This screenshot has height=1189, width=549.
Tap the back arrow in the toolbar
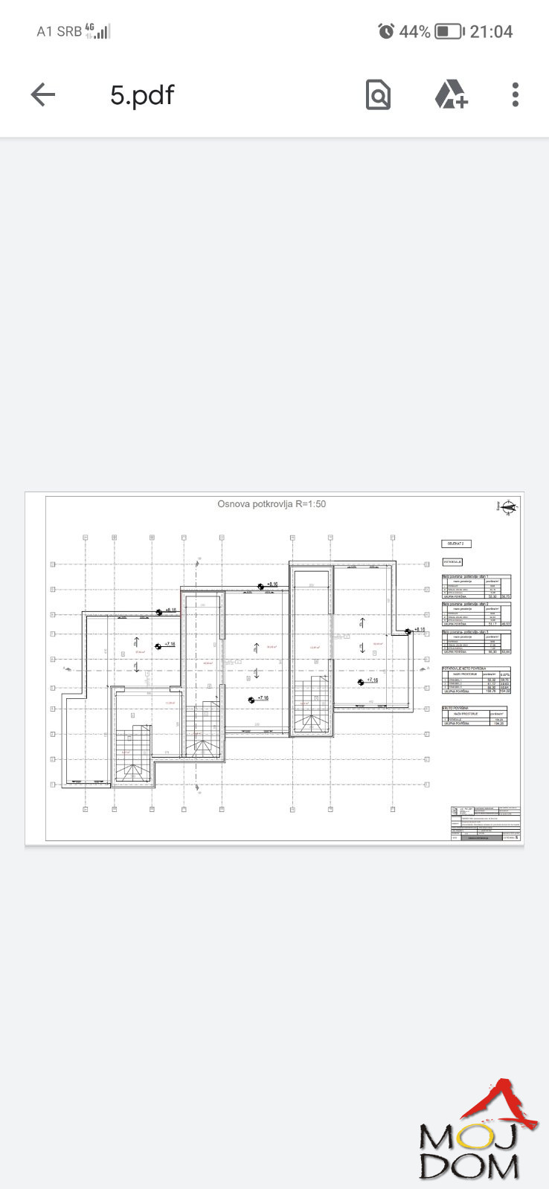click(x=43, y=94)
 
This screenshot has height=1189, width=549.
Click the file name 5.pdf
click(x=142, y=94)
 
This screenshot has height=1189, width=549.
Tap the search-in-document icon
click(x=378, y=94)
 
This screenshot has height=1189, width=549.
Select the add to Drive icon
click(x=451, y=94)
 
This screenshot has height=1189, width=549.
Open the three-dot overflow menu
click(x=515, y=94)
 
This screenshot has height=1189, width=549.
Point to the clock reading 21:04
click(x=491, y=31)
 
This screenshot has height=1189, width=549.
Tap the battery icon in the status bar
click(x=449, y=31)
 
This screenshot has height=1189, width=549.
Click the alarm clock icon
click(x=386, y=31)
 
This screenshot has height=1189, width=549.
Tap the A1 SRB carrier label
click(x=59, y=31)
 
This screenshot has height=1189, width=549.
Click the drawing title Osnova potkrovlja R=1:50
click(x=272, y=504)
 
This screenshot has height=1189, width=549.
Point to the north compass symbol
click(x=509, y=508)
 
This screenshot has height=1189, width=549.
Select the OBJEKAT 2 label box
click(x=456, y=544)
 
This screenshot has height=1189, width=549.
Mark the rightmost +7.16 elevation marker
click(x=367, y=680)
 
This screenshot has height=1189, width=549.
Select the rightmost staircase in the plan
click(x=311, y=705)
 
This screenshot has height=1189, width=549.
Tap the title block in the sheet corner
click(x=485, y=823)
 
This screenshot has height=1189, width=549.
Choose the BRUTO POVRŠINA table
click(x=475, y=716)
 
